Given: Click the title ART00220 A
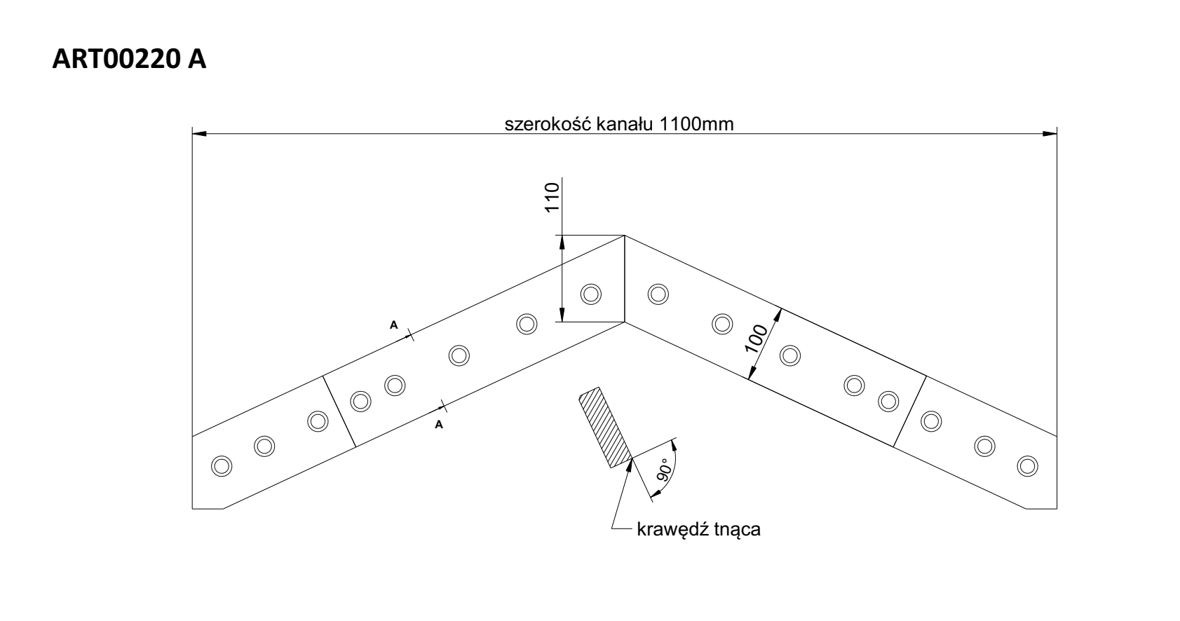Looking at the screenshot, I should tap(130, 59).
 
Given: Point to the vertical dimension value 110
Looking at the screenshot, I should tap(552, 198).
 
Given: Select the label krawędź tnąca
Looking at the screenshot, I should tap(698, 529).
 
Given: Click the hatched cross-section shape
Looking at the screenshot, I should tap(604, 428).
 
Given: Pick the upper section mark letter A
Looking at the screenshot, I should tap(394, 324).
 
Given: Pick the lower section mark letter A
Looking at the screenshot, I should tap(440, 424).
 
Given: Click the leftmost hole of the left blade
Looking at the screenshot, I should tap(222, 465).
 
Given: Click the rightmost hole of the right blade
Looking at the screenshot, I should tap(1027, 465).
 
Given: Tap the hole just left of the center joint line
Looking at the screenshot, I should tap(591, 294).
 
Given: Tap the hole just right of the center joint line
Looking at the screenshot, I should tap(658, 294).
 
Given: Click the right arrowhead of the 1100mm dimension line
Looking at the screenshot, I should tap(1050, 132).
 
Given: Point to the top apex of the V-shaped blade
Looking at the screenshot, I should tap(625, 236).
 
